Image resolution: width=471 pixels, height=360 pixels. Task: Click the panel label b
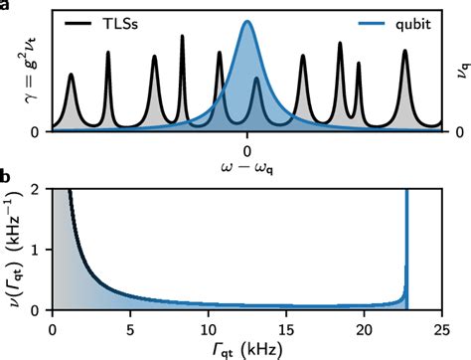(7, 179)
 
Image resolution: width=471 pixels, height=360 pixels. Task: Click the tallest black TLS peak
(182, 37)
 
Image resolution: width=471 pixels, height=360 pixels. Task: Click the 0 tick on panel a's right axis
(450, 131)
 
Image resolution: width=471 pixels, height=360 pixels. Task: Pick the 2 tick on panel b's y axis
(36, 189)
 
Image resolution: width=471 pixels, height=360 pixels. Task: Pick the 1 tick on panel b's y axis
(36, 250)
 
